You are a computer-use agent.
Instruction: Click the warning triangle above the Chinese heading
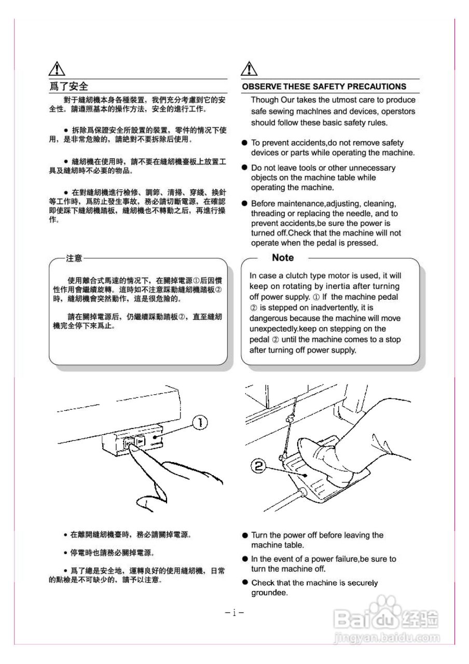coord(57,69)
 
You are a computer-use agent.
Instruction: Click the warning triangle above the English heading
coord(250,69)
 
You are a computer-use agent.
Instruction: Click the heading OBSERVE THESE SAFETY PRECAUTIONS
coord(324,87)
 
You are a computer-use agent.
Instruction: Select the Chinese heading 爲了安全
coord(69,86)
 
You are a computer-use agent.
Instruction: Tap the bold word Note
coord(283,258)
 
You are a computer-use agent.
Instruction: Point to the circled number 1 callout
coord(200,423)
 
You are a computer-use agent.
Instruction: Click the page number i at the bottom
coord(234,613)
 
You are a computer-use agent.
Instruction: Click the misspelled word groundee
coord(269,593)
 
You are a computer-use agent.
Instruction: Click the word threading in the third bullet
coord(267,214)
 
